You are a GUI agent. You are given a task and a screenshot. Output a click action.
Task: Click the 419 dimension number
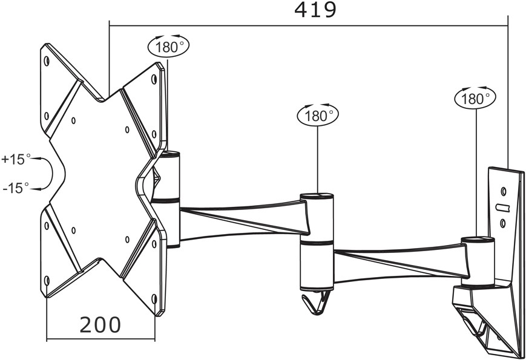pyautogui.click(x=315, y=10)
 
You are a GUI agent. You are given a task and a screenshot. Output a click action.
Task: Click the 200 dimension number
pyautogui.click(x=100, y=324)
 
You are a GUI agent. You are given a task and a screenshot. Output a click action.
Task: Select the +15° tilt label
pyautogui.click(x=16, y=159)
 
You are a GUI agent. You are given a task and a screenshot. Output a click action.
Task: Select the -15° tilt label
pyautogui.click(x=16, y=188)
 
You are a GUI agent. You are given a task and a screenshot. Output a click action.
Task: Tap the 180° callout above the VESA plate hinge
pyautogui.click(x=168, y=46)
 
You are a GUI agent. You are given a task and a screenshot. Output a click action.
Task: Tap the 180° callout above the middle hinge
pyautogui.click(x=318, y=115)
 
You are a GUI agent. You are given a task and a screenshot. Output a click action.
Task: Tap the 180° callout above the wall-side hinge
pyautogui.click(x=475, y=98)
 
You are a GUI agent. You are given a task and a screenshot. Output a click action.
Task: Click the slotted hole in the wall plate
pyautogui.click(x=503, y=208)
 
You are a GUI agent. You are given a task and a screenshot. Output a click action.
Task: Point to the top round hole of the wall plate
pyautogui.click(x=503, y=191)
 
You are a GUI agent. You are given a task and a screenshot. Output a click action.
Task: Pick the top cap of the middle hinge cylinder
pyautogui.click(x=317, y=196)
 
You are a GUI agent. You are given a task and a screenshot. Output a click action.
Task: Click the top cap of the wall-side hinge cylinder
pyautogui.click(x=478, y=240)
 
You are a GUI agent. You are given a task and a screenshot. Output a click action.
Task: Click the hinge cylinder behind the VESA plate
pyautogui.click(x=166, y=200)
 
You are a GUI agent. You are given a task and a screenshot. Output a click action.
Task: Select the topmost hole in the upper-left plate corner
pyautogui.click(x=47, y=61)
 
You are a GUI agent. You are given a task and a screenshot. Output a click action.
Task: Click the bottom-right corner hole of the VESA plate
pyautogui.click(x=154, y=298)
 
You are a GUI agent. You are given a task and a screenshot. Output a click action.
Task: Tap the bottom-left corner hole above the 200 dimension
pyautogui.click(x=47, y=281)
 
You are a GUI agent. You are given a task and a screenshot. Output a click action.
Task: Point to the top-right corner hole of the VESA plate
pyautogui.click(x=154, y=79)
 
